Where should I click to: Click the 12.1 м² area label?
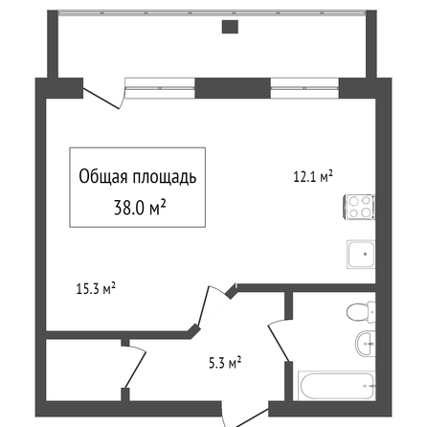313,176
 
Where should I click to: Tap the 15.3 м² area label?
96,288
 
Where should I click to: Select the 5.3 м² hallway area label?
225,363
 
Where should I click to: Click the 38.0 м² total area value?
140,208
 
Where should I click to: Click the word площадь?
165,177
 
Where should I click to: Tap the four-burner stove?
359,207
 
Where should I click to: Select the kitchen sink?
361,255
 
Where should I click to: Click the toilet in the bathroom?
361,311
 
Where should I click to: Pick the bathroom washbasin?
365,344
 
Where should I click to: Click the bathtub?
337,386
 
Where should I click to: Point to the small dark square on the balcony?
230,27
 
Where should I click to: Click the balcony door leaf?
101,99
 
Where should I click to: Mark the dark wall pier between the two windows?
233,88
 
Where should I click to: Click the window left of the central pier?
160,88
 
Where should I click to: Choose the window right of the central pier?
304,88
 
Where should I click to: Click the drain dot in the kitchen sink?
365,255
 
